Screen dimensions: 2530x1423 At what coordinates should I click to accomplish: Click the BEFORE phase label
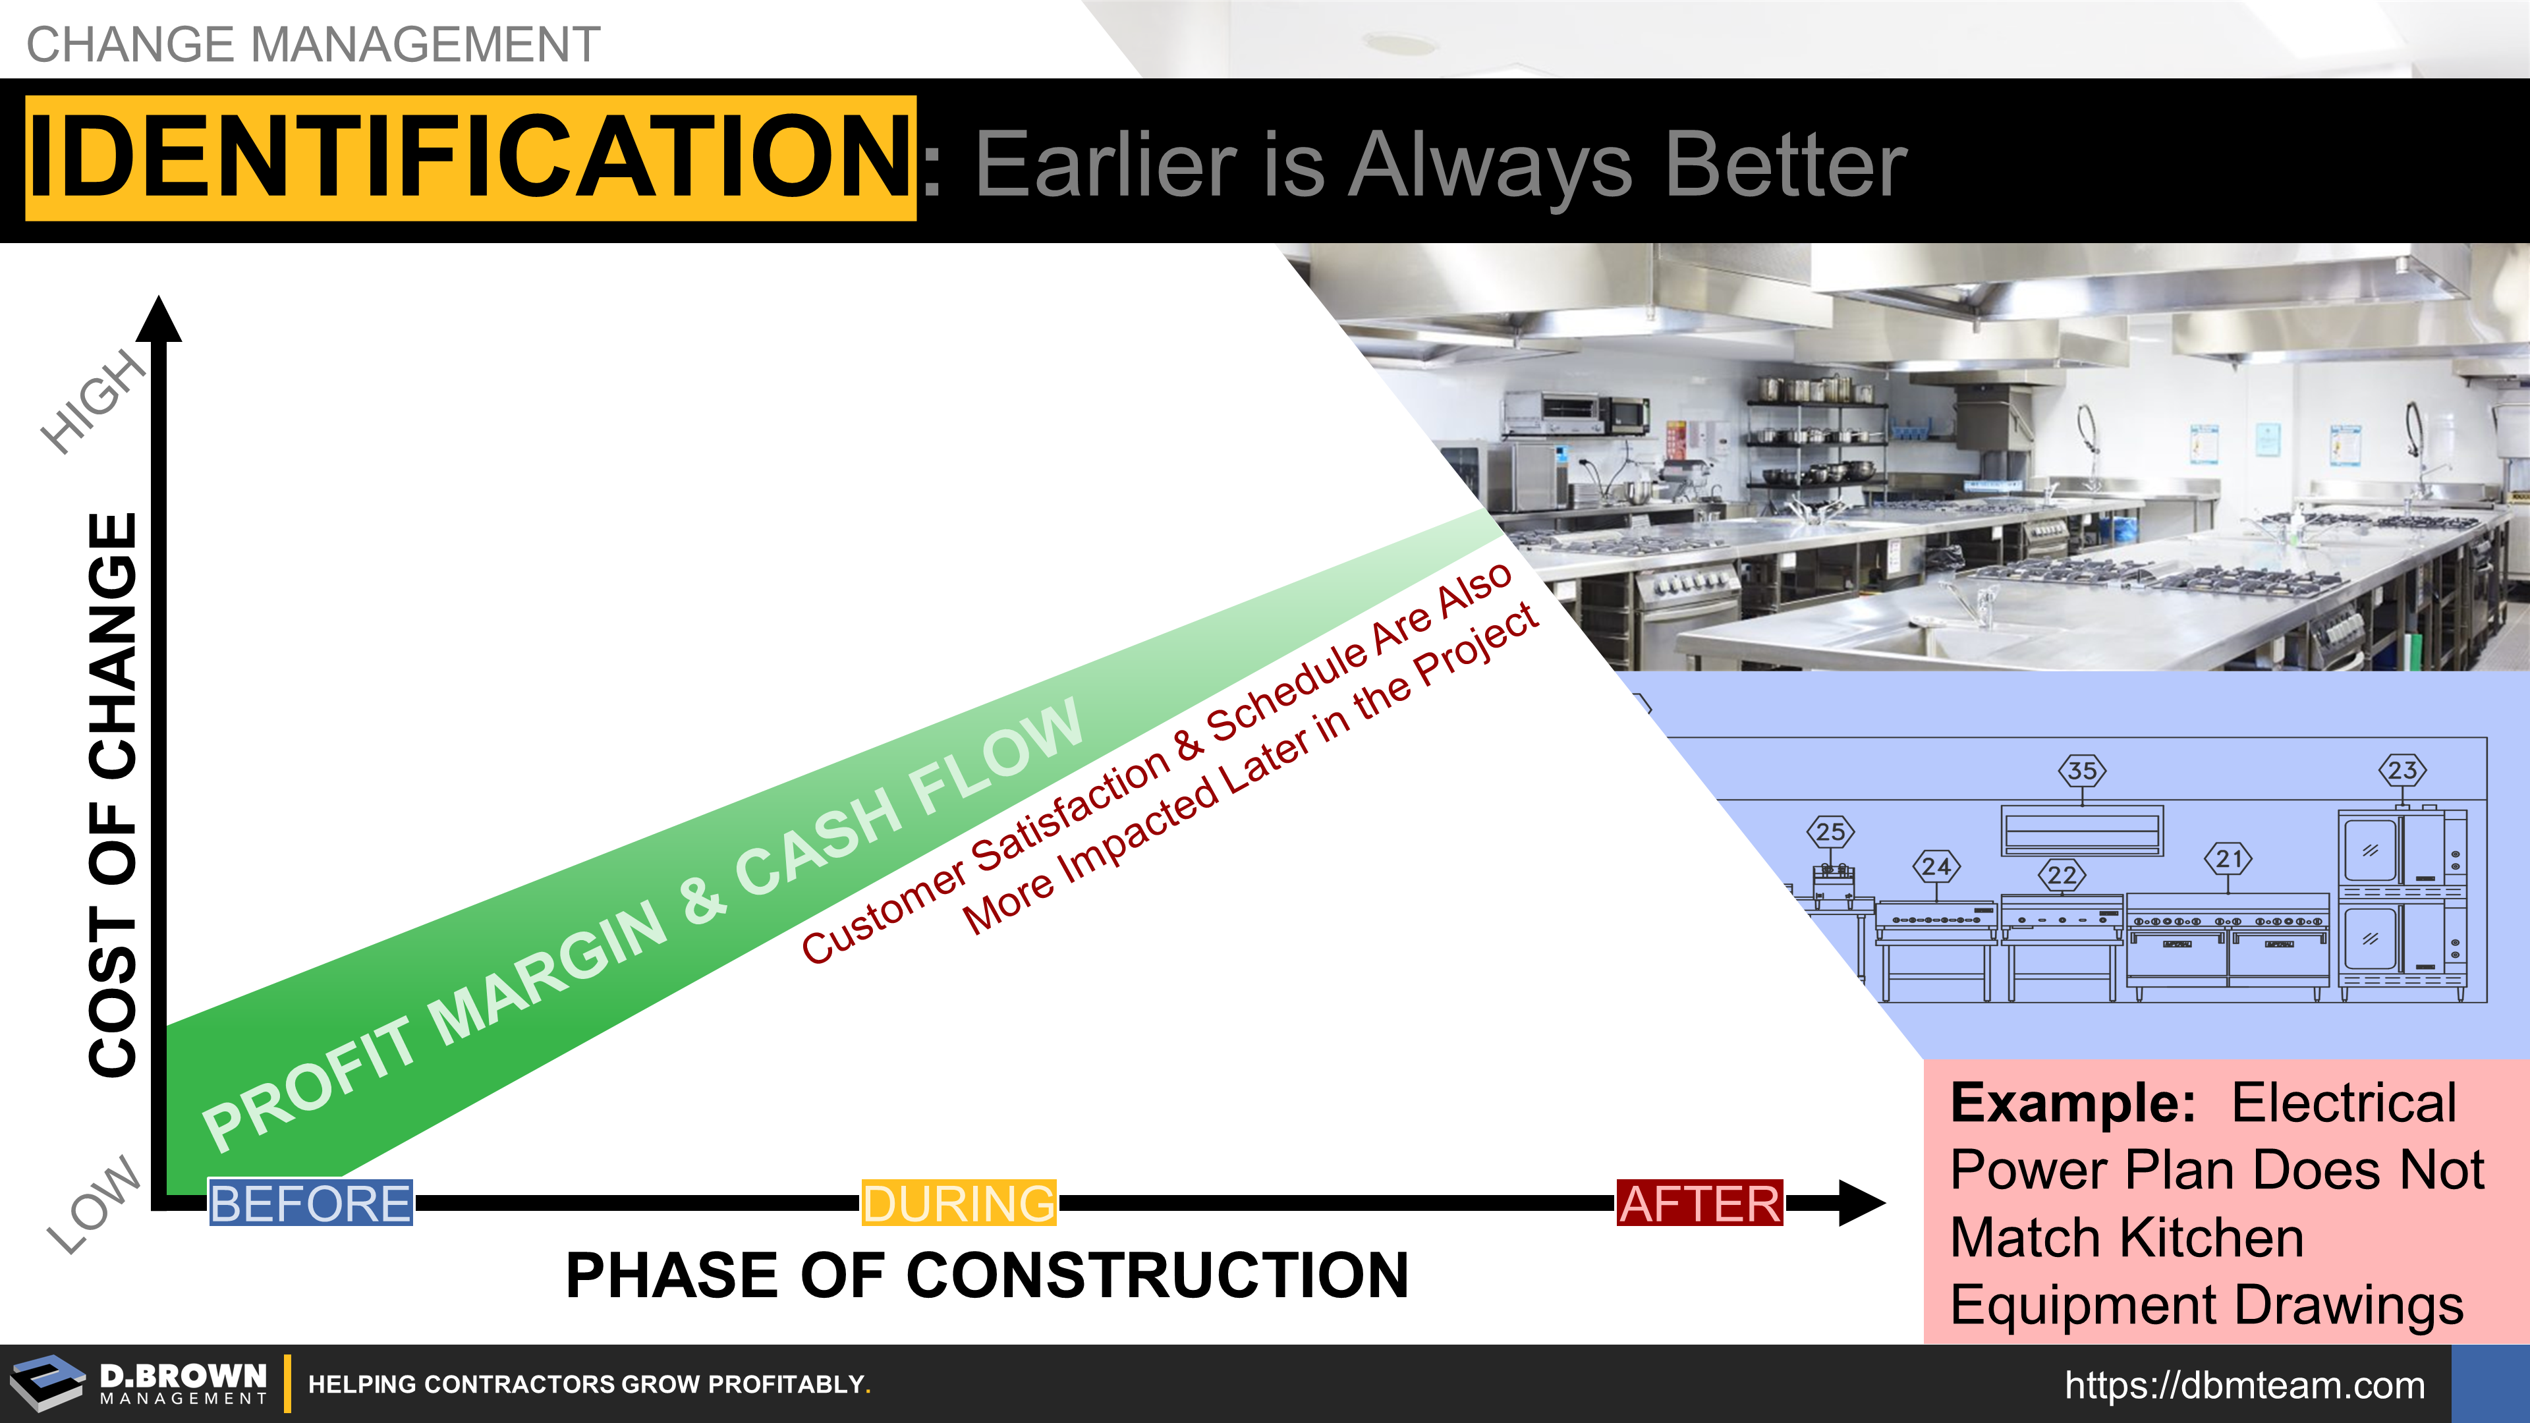pos(310,1203)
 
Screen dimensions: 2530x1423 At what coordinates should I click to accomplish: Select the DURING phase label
pos(959,1203)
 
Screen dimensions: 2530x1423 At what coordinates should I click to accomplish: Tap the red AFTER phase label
pos(1700,1203)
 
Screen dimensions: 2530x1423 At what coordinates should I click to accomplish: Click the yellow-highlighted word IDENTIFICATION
pos(470,158)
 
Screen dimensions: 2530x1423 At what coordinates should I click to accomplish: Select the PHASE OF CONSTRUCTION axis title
pos(987,1275)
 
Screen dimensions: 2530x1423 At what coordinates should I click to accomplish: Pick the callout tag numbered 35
pos(2082,771)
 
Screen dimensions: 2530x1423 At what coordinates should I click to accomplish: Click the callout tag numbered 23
pos(2402,770)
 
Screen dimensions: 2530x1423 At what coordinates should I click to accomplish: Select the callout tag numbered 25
pos(1830,832)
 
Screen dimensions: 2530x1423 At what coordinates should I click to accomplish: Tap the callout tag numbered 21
pos(2228,858)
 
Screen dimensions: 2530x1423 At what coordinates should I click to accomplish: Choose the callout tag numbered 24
pos(1936,866)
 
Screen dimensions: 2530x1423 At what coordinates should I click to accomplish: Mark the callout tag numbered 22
pos(2062,875)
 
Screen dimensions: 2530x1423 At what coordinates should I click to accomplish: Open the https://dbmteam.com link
pos(2245,1385)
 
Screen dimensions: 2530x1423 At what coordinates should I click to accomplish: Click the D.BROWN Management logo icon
pos(47,1383)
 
